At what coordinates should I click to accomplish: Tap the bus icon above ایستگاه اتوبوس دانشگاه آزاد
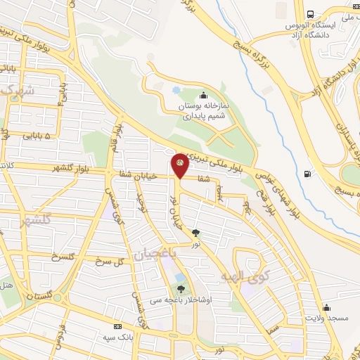[309, 14]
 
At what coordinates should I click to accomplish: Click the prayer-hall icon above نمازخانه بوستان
[204, 96]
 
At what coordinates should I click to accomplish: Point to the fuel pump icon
[307, 174]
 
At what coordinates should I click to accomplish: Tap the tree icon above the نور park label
[195, 233]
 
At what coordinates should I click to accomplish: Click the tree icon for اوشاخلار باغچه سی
[181, 288]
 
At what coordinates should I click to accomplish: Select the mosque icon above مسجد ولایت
[326, 307]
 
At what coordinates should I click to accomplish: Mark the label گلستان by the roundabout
[40, 297]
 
